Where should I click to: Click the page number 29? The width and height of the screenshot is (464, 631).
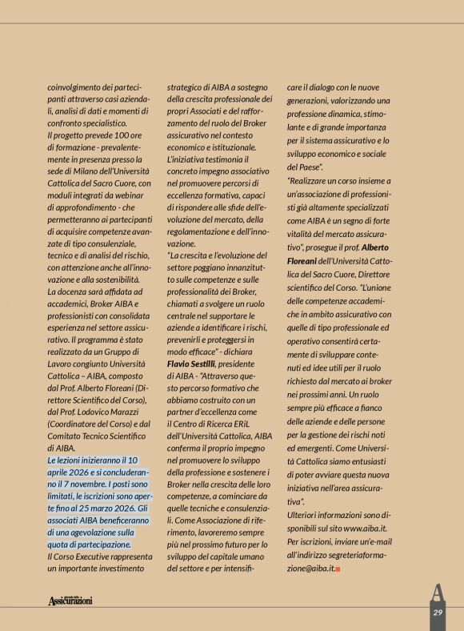(x=438, y=612)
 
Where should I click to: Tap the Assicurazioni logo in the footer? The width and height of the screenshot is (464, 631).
(x=70, y=601)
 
